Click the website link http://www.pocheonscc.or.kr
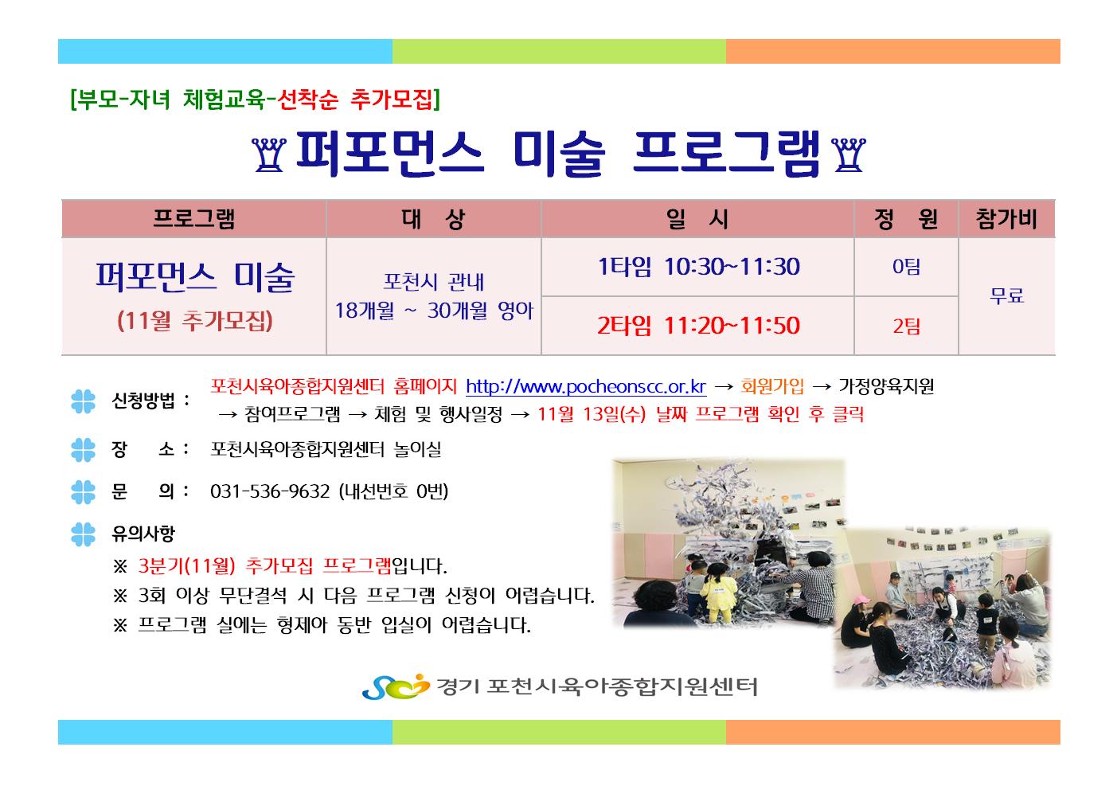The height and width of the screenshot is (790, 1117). (586, 387)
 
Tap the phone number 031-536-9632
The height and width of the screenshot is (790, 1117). (270, 491)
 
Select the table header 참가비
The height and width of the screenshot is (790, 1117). (1006, 219)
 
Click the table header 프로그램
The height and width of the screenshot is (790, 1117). (193, 219)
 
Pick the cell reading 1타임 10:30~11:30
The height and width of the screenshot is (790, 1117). (698, 267)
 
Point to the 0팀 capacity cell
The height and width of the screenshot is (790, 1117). (906, 267)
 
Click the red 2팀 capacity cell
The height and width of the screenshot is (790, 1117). (906, 327)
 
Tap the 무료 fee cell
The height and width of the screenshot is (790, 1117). (1007, 296)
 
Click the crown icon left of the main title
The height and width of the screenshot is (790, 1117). (269, 155)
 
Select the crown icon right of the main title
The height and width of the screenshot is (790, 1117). (849, 155)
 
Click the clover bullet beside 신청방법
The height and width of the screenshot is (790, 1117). (84, 401)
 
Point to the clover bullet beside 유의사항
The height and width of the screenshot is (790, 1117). (84, 534)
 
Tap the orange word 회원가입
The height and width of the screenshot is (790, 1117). (772, 386)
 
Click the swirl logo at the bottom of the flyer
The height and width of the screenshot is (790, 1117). (396, 686)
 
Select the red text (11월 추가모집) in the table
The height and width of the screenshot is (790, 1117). (194, 321)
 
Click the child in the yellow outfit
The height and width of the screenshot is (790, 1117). (717, 592)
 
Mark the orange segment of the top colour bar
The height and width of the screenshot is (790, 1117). (892, 52)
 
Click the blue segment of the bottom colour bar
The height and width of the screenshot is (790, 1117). (225, 732)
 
